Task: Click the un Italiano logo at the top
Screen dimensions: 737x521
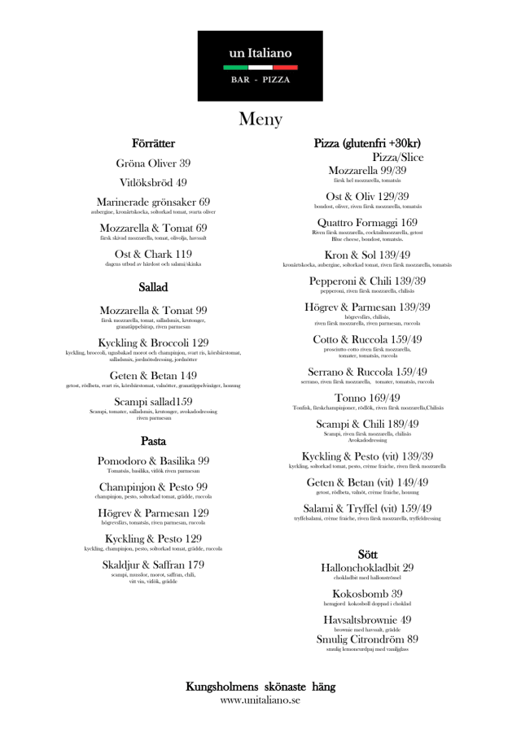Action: [260, 65]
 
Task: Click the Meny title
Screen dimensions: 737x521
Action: [260, 120]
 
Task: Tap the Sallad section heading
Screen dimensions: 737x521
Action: [153, 287]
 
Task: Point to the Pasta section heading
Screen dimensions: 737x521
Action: [153, 442]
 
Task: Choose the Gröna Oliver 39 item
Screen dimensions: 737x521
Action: [153, 164]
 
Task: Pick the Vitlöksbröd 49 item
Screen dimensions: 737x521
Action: [153, 183]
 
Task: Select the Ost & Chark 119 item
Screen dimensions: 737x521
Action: [153, 254]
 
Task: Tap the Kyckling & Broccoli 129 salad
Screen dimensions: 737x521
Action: [153, 342]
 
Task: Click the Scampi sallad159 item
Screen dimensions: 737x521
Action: [153, 402]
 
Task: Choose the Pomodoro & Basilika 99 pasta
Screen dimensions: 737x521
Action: [153, 460]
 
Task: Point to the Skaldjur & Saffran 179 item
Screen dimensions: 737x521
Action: [153, 565]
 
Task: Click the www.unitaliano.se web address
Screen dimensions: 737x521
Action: [260, 700]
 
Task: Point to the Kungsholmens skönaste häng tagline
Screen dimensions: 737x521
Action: [260, 687]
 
